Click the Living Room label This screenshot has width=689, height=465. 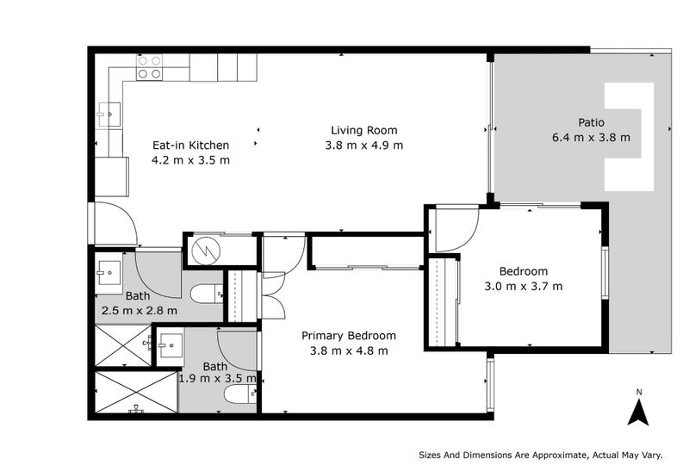tap(363, 130)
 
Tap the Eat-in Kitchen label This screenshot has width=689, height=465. tap(190, 145)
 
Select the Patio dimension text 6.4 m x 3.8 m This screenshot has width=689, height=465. tap(591, 138)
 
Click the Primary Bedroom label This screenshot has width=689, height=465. tap(349, 336)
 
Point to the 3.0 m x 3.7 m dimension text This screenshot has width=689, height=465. tap(524, 287)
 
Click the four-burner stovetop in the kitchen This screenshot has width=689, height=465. tap(149, 67)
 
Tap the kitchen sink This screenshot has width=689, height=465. tap(109, 115)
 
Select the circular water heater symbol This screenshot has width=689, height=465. tap(206, 251)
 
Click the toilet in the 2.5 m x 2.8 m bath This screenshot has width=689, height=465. tap(207, 294)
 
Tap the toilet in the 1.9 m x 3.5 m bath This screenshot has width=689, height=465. tap(240, 394)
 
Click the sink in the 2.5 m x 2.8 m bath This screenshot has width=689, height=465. tap(109, 273)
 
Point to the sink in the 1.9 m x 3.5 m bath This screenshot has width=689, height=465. tap(170, 345)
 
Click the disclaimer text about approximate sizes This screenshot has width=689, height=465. tap(541, 456)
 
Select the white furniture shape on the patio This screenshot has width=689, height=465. tap(623, 137)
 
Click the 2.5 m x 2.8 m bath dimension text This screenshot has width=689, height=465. tap(140, 311)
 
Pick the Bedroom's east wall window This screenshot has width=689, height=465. tap(605, 273)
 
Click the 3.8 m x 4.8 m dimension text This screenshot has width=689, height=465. tap(349, 351)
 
